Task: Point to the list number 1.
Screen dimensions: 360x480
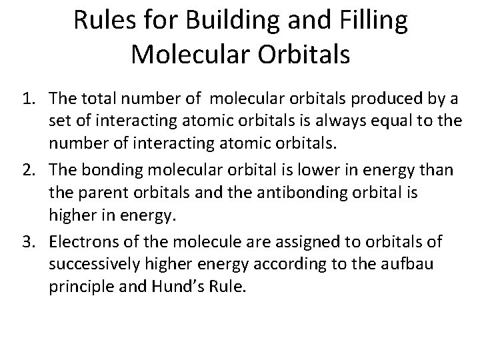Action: [x=27, y=99]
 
